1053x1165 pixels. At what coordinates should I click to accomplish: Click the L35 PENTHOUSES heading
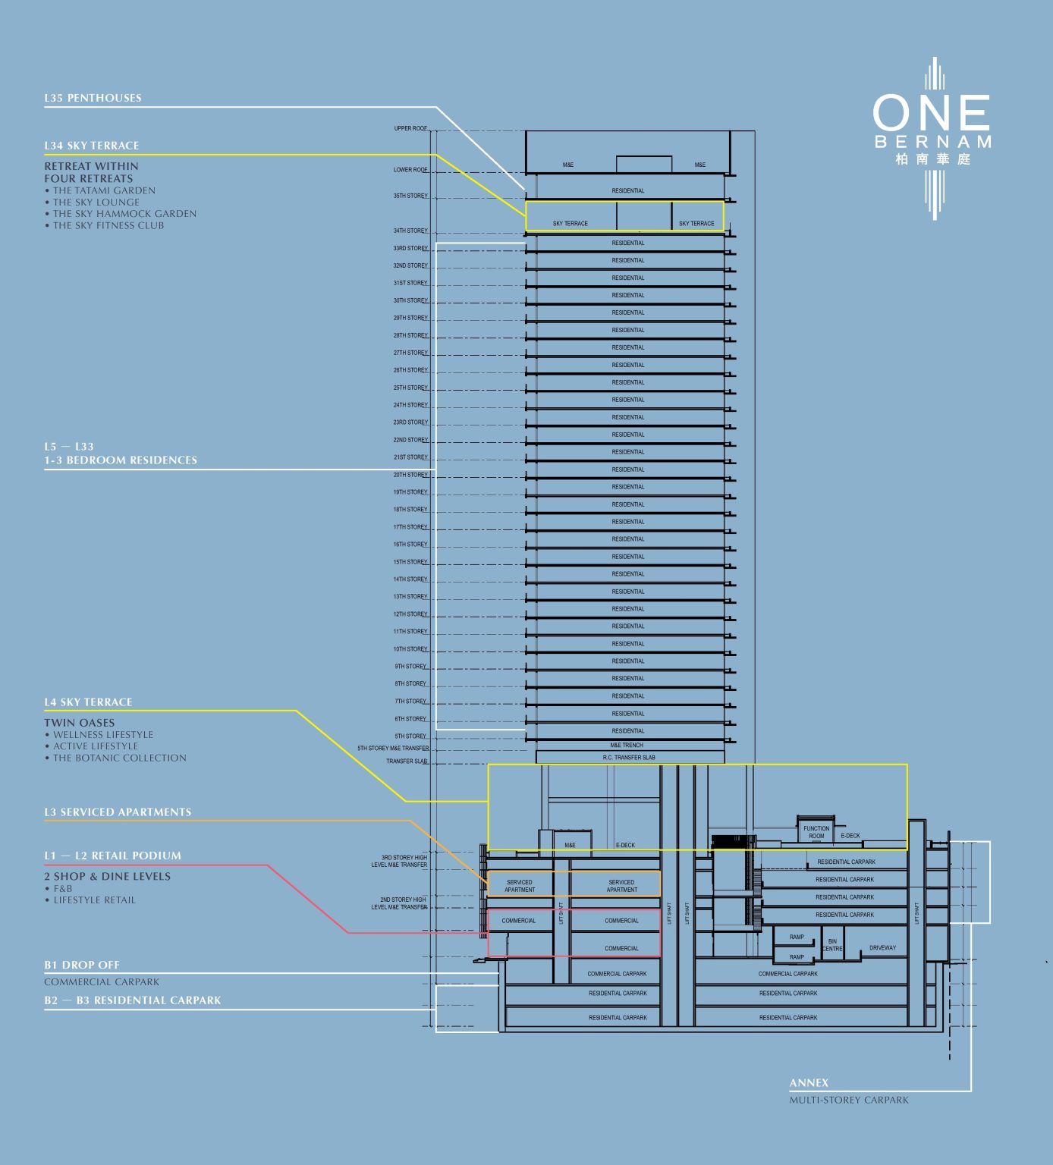[93, 98]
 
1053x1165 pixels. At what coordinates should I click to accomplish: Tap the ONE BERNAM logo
[932, 129]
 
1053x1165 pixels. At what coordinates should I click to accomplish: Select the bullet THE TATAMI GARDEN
[104, 190]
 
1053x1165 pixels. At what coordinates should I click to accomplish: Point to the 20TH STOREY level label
[410, 475]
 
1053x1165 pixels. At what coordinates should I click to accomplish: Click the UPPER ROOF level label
[410, 128]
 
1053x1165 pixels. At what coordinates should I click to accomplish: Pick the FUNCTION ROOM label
[816, 832]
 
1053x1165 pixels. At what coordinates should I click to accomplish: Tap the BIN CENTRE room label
[832, 945]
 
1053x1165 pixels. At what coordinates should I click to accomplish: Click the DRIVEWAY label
[882, 948]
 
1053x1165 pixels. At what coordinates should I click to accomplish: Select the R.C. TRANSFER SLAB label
[629, 757]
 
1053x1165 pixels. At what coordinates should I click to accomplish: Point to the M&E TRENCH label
[627, 745]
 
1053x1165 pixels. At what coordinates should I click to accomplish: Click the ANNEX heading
[809, 1082]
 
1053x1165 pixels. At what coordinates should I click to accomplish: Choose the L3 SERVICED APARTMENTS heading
[118, 812]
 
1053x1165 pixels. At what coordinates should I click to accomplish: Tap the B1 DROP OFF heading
[82, 966]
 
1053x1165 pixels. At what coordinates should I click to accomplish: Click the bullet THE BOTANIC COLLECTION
[119, 758]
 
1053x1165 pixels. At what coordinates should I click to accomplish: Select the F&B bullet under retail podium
[63, 888]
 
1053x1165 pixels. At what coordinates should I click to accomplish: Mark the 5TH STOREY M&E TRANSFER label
[393, 748]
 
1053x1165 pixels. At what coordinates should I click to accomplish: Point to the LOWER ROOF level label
[410, 170]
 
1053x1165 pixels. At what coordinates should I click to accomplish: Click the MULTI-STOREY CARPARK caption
[849, 1100]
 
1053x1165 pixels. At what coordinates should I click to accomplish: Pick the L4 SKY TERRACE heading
[88, 702]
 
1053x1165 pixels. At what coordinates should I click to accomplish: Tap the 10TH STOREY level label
[410, 649]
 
